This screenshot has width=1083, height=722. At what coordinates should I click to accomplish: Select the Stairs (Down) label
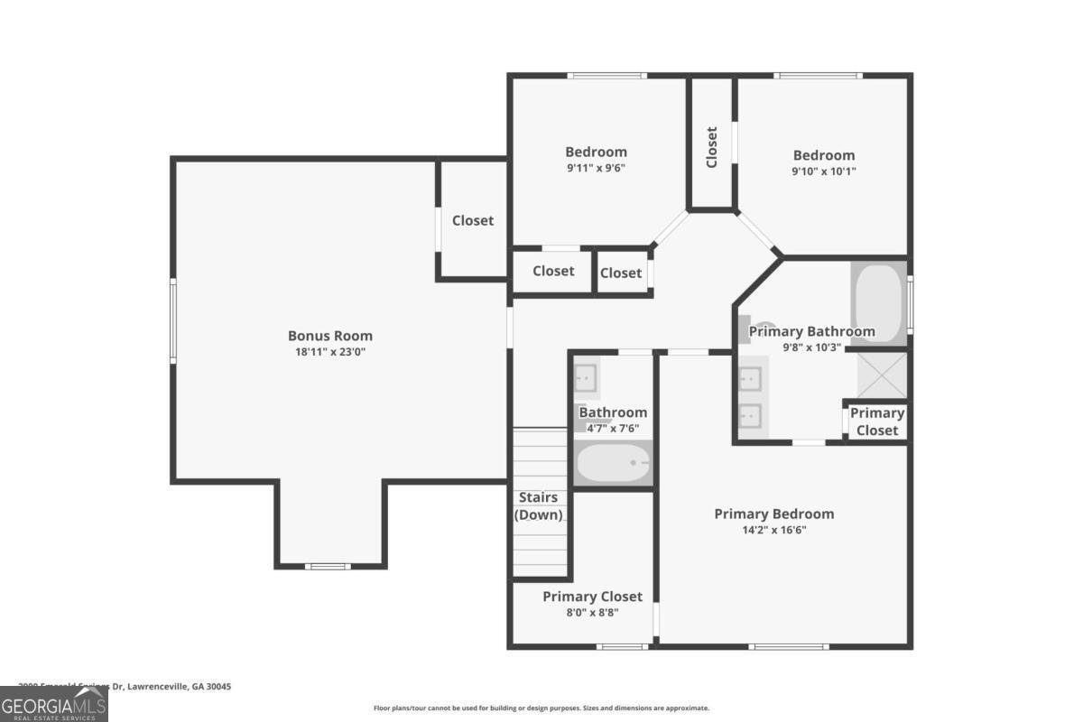[x=539, y=506]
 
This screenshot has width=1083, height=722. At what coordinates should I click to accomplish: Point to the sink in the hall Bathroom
[x=586, y=375]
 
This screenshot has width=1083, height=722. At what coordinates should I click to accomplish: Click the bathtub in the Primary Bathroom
[x=877, y=302]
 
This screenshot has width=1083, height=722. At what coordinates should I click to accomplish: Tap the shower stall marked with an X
[x=881, y=375]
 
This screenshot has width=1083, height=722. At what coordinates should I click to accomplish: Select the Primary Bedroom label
[x=773, y=514]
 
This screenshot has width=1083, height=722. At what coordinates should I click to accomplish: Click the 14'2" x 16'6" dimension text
[x=773, y=531]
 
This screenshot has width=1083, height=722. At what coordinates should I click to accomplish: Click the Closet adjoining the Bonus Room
[x=472, y=220]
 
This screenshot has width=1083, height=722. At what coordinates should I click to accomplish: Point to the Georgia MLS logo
[x=54, y=703]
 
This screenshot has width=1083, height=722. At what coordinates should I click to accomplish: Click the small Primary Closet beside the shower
[x=876, y=421]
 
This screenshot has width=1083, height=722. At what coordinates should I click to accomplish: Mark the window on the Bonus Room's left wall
[x=173, y=320]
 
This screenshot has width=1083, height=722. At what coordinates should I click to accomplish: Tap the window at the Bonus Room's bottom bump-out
[x=327, y=566]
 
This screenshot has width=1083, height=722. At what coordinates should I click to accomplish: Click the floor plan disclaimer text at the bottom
[x=541, y=708]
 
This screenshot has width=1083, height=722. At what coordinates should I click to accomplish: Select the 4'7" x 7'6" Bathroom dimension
[x=613, y=429]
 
